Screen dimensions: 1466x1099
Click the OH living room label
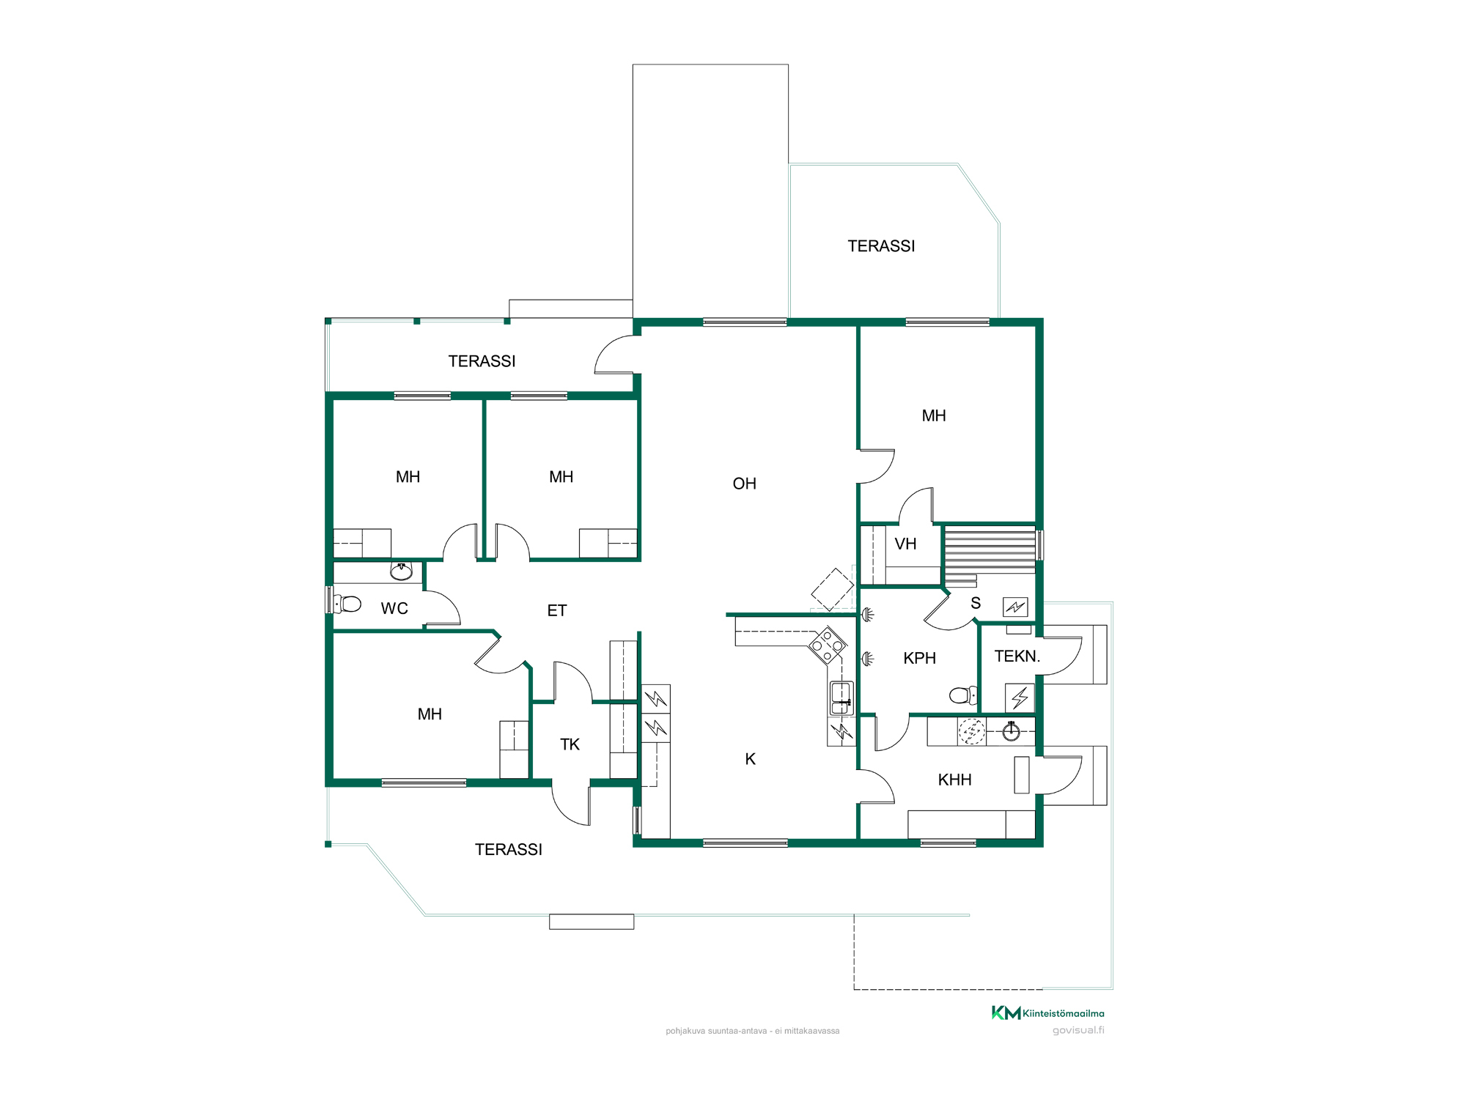coord(744,484)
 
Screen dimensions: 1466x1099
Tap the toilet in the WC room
coord(347,604)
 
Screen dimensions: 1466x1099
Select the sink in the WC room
coord(401,571)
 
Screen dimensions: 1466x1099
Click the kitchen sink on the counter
coord(841,697)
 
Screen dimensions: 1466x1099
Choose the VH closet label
coord(905,544)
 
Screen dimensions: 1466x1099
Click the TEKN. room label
coord(1017,656)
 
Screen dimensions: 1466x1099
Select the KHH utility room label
coord(954,780)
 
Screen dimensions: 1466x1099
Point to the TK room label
coord(570,744)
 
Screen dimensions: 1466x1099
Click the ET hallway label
coord(556,610)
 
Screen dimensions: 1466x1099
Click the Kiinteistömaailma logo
coord(1047,1013)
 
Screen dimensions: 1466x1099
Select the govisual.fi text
coord(1078,1030)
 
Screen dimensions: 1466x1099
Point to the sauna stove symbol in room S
coord(1015,607)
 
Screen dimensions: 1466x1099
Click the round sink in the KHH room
coord(1011,731)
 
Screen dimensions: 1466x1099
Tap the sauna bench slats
coord(990,549)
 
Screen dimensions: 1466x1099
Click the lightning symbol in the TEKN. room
coord(1020,697)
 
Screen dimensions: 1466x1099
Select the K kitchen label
coord(750,759)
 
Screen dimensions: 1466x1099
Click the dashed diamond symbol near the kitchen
coord(833,589)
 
